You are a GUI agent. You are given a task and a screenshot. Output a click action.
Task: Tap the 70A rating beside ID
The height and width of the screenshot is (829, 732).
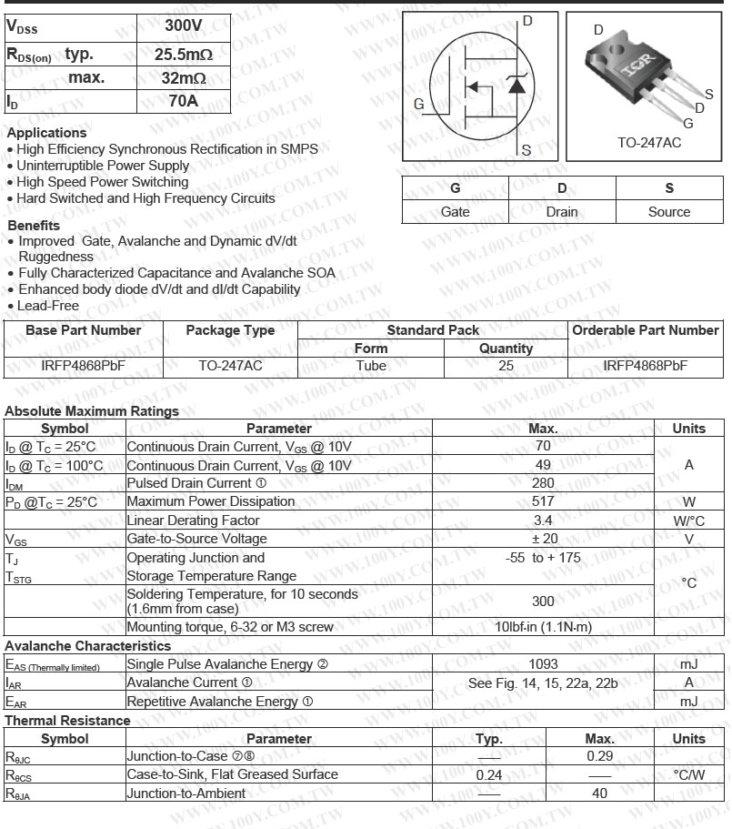pyautogui.click(x=184, y=100)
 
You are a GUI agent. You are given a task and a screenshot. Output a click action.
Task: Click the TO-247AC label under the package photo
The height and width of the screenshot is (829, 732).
pyautogui.click(x=648, y=143)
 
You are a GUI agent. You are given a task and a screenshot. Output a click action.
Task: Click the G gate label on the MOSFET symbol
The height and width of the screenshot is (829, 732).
pyautogui.click(x=418, y=104)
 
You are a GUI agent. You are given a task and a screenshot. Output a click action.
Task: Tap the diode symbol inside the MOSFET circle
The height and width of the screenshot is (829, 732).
pyautogui.click(x=516, y=85)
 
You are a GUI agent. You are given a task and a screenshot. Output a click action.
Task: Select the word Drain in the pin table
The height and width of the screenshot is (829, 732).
pyautogui.click(x=562, y=211)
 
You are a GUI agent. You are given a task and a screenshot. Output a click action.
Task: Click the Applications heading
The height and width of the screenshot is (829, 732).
pyautogui.click(x=46, y=133)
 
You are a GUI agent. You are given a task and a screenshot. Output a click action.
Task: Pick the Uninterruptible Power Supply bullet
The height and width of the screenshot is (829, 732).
pyautogui.click(x=103, y=166)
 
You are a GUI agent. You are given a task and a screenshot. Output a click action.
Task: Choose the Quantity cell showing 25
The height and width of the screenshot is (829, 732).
pyautogui.click(x=506, y=366)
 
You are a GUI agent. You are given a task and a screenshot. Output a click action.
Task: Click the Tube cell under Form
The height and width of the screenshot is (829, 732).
pyautogui.click(x=371, y=366)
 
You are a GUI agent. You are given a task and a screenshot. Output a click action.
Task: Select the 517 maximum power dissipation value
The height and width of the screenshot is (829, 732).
pyautogui.click(x=543, y=501)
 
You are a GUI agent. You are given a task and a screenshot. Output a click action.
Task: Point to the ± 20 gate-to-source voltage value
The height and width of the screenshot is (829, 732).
pyautogui.click(x=543, y=539)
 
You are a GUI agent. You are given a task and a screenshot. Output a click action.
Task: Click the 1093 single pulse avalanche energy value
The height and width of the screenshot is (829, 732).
pyautogui.click(x=543, y=664)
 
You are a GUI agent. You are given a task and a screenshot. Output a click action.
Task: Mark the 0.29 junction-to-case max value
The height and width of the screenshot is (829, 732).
pyautogui.click(x=599, y=756)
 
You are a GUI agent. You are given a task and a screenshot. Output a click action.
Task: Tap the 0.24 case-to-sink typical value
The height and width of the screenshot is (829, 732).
pyautogui.click(x=489, y=775)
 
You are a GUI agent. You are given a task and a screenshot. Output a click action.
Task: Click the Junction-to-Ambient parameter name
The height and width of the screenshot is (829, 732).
pyautogui.click(x=186, y=794)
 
